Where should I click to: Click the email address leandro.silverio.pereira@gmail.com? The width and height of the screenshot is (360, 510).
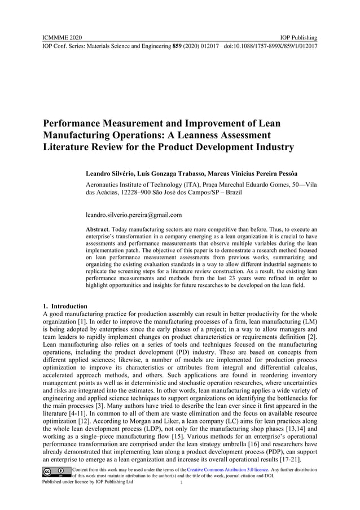(x=133, y=215)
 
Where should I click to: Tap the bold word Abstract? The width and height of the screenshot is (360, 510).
(x=96, y=229)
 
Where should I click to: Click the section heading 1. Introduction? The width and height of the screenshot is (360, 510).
(x=65, y=306)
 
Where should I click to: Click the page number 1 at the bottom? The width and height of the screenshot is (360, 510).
(x=181, y=483)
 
